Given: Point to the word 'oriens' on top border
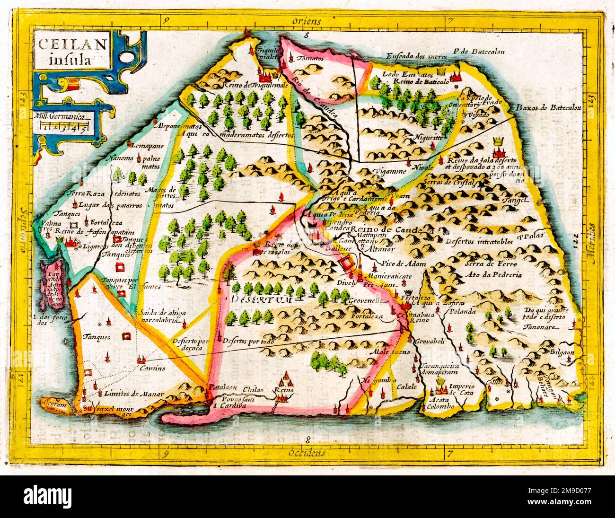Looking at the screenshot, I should tap(307, 21).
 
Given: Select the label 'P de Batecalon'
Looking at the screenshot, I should tap(478, 52).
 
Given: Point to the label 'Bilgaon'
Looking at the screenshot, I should tap(562, 352).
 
